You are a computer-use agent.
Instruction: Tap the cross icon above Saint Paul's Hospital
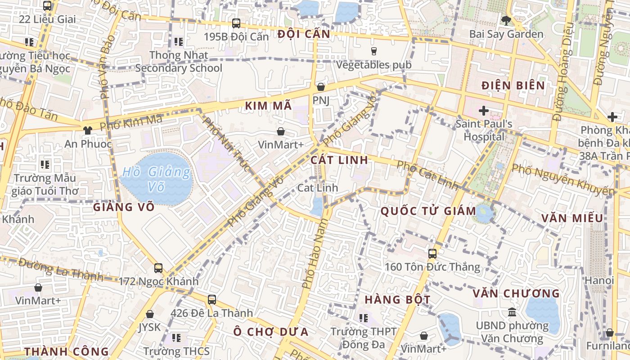(x=484, y=110)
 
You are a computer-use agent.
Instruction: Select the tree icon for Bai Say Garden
(x=506, y=20)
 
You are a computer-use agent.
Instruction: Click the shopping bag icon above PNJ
(x=321, y=86)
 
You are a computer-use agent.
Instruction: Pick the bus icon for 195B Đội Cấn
(x=236, y=23)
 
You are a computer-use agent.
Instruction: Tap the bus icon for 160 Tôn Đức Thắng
(x=432, y=254)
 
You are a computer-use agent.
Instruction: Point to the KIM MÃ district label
(x=269, y=106)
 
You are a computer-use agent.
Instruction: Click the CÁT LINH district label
(x=339, y=160)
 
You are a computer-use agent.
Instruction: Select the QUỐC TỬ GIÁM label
(x=428, y=211)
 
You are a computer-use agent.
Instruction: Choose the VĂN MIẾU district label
(x=572, y=218)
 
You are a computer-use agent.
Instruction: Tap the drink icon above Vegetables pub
(x=373, y=51)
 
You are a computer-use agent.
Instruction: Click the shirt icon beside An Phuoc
(x=87, y=130)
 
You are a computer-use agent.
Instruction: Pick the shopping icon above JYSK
(x=150, y=314)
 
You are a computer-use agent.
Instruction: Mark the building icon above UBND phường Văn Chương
(x=512, y=312)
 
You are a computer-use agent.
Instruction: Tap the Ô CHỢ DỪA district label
(x=271, y=332)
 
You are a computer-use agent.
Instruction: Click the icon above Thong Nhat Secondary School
(x=179, y=42)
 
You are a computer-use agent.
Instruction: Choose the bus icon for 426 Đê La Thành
(x=212, y=299)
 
